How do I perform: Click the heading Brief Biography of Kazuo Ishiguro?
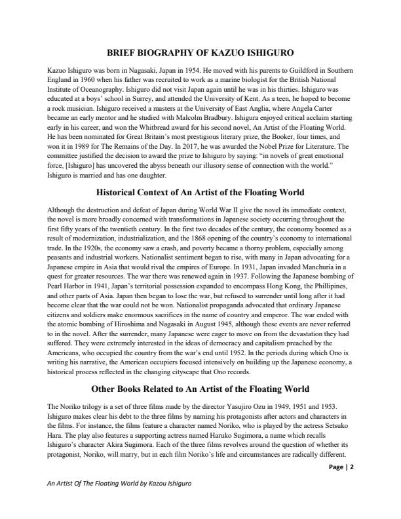(200, 52)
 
